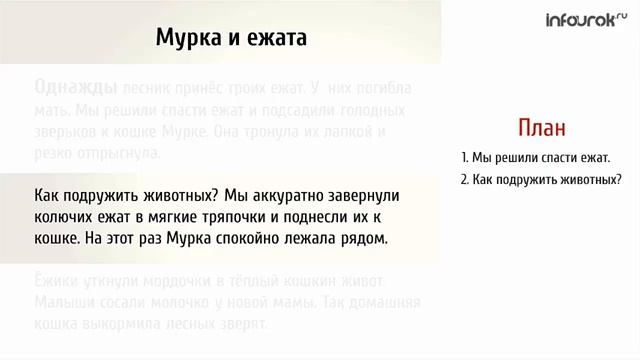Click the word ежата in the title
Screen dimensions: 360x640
(x=273, y=38)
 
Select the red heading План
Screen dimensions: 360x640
(x=541, y=128)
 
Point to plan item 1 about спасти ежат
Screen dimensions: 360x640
(x=535, y=158)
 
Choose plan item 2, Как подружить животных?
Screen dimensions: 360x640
(x=541, y=180)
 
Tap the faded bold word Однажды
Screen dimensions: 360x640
(x=76, y=86)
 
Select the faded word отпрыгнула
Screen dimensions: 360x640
(x=115, y=153)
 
